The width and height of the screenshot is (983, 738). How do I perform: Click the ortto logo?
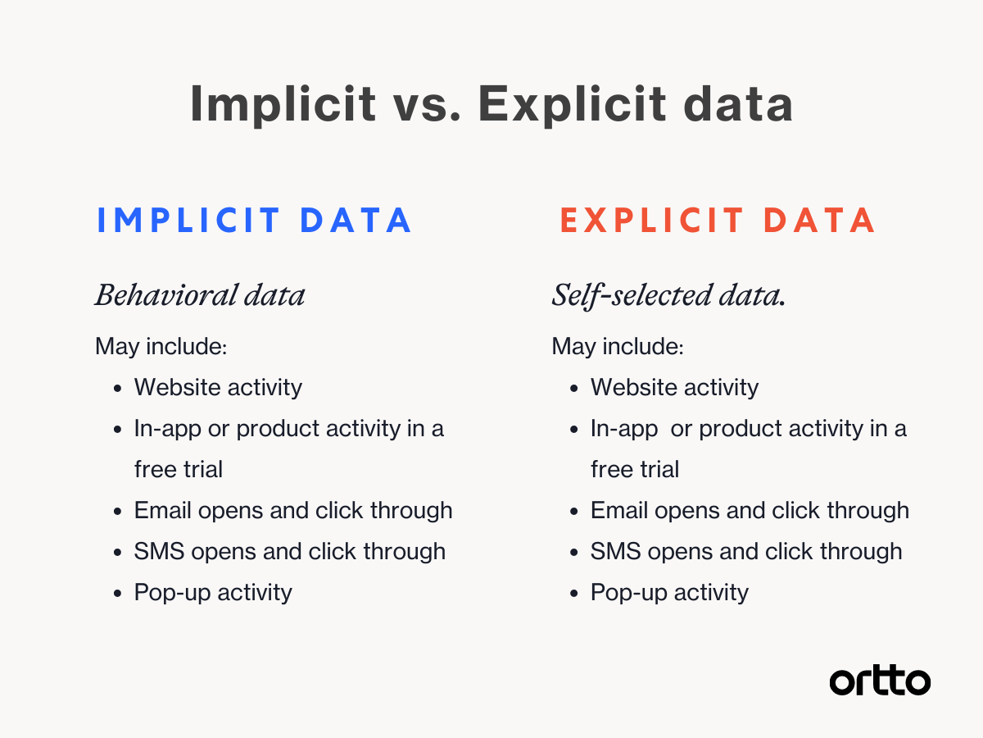pos(880,681)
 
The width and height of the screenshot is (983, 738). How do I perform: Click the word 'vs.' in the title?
pos(427,104)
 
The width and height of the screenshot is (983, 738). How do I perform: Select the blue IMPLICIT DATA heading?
pos(254,220)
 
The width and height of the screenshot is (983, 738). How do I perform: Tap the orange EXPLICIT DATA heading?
pos(718,220)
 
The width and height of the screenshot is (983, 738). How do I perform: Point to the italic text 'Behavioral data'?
pos(200,295)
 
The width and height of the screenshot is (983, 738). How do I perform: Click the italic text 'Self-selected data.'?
pos(668,296)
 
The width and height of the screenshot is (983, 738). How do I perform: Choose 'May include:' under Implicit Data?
pos(161,346)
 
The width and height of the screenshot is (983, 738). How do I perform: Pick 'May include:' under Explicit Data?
pos(618,346)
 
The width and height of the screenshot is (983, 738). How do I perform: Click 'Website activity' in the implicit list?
pos(218,388)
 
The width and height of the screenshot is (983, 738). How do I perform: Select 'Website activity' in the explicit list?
pos(674,388)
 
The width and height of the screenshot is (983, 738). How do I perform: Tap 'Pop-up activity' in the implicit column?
pos(213,593)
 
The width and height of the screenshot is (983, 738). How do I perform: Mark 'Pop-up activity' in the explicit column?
pos(669,593)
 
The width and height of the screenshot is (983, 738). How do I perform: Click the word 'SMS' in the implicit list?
pos(159,551)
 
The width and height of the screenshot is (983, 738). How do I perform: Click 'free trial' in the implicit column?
pos(179,469)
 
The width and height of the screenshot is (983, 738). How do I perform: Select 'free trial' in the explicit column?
pos(635,469)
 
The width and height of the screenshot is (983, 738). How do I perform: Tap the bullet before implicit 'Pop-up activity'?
pos(118,594)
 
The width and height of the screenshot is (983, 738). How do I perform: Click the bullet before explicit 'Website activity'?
pos(574,389)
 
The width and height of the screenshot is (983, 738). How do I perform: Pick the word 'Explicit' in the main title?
pos(572,104)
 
